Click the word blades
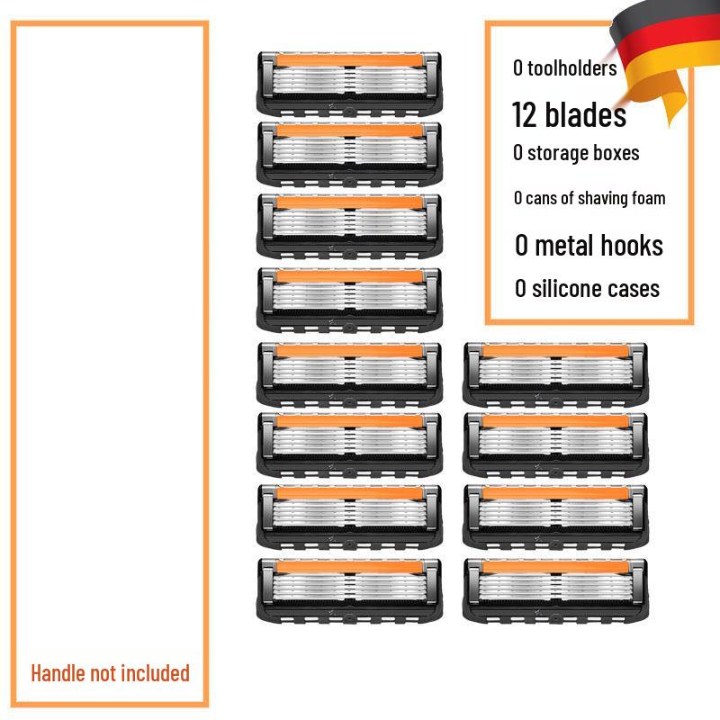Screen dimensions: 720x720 [585, 114]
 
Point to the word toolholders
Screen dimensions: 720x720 [571, 67]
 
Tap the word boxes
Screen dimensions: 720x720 [616, 152]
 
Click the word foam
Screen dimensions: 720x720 [648, 198]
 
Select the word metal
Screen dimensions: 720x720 [564, 246]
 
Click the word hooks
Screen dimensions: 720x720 [630, 246]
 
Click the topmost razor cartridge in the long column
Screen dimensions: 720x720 [349, 83]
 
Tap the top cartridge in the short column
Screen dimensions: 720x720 [554, 373]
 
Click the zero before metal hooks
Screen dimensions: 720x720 [521, 246]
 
